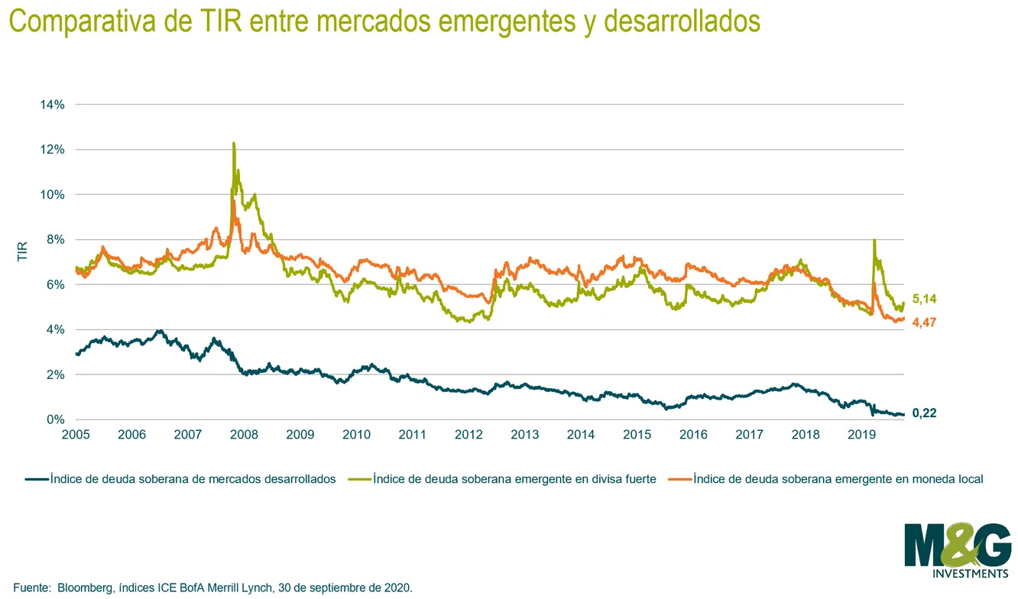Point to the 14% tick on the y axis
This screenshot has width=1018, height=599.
[x=52, y=105]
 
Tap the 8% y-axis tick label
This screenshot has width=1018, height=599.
[x=56, y=239]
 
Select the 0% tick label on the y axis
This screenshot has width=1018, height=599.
[x=56, y=419]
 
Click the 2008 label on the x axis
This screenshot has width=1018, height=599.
[x=244, y=435]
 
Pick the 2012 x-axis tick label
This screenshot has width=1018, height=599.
[x=468, y=435]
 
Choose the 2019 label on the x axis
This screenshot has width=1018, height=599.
[x=861, y=435]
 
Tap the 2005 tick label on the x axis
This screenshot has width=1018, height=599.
[x=76, y=435]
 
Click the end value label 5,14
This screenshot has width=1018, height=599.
[x=925, y=299]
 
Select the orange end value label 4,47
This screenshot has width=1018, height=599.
[x=925, y=322]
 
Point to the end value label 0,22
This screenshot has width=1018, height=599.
[x=925, y=413]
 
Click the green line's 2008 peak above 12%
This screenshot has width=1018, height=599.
[x=234, y=143]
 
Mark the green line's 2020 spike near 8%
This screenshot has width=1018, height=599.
[x=874, y=240]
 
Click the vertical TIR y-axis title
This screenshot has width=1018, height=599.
[x=22, y=251]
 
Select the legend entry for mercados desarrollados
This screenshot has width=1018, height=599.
[x=180, y=479]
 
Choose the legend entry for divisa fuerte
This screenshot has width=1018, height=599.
[x=502, y=479]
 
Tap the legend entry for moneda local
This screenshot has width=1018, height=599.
[x=825, y=479]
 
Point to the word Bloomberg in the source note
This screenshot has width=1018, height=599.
[x=85, y=588]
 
